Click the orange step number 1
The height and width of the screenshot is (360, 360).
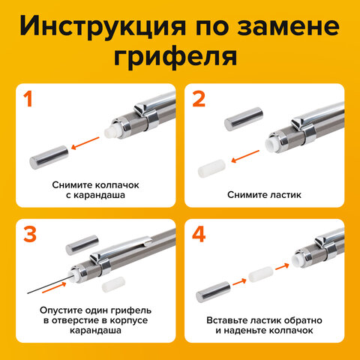pyautogui.click(x=28, y=99)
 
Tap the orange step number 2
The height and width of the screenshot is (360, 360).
pyautogui.click(x=199, y=99)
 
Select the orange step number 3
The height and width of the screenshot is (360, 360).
pyautogui.click(x=30, y=235)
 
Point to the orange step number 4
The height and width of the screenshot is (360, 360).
pyautogui.click(x=199, y=235)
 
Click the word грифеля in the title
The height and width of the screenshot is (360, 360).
pyautogui.click(x=175, y=57)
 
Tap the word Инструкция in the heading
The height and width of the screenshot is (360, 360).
pyautogui.click(x=103, y=26)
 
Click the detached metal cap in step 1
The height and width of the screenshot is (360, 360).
pyautogui.click(x=49, y=157)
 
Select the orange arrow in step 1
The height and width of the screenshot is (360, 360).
pyautogui.click(x=85, y=143)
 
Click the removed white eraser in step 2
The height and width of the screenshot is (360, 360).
pyautogui.click(x=211, y=168)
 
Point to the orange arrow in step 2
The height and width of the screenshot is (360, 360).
pyautogui.click(x=245, y=156)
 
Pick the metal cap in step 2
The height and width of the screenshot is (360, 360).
pyautogui.click(x=244, y=118)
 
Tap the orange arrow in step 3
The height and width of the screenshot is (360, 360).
pyautogui.click(x=54, y=287)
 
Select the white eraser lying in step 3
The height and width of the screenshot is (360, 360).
pyautogui.click(x=113, y=284)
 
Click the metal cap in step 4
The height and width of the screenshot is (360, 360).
pyautogui.click(x=213, y=292)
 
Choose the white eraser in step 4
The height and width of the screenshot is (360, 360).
pyautogui.click(x=261, y=274)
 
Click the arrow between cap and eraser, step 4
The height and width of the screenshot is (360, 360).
pyautogui.click(x=239, y=282)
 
